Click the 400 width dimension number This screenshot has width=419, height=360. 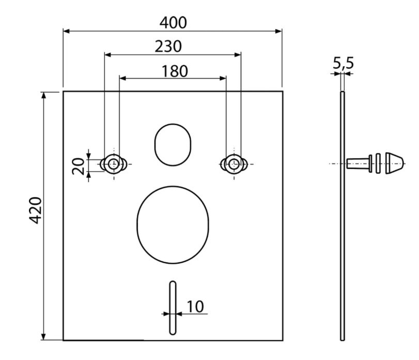tap(173, 23)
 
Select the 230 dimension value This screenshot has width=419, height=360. tap(168, 46)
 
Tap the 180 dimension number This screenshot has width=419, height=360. tap(175, 71)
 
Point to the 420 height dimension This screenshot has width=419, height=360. tap(35, 210)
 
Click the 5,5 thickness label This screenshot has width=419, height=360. tap(343, 63)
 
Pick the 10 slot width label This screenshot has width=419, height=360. tap(195, 307)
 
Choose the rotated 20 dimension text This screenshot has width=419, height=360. tap(79, 166)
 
